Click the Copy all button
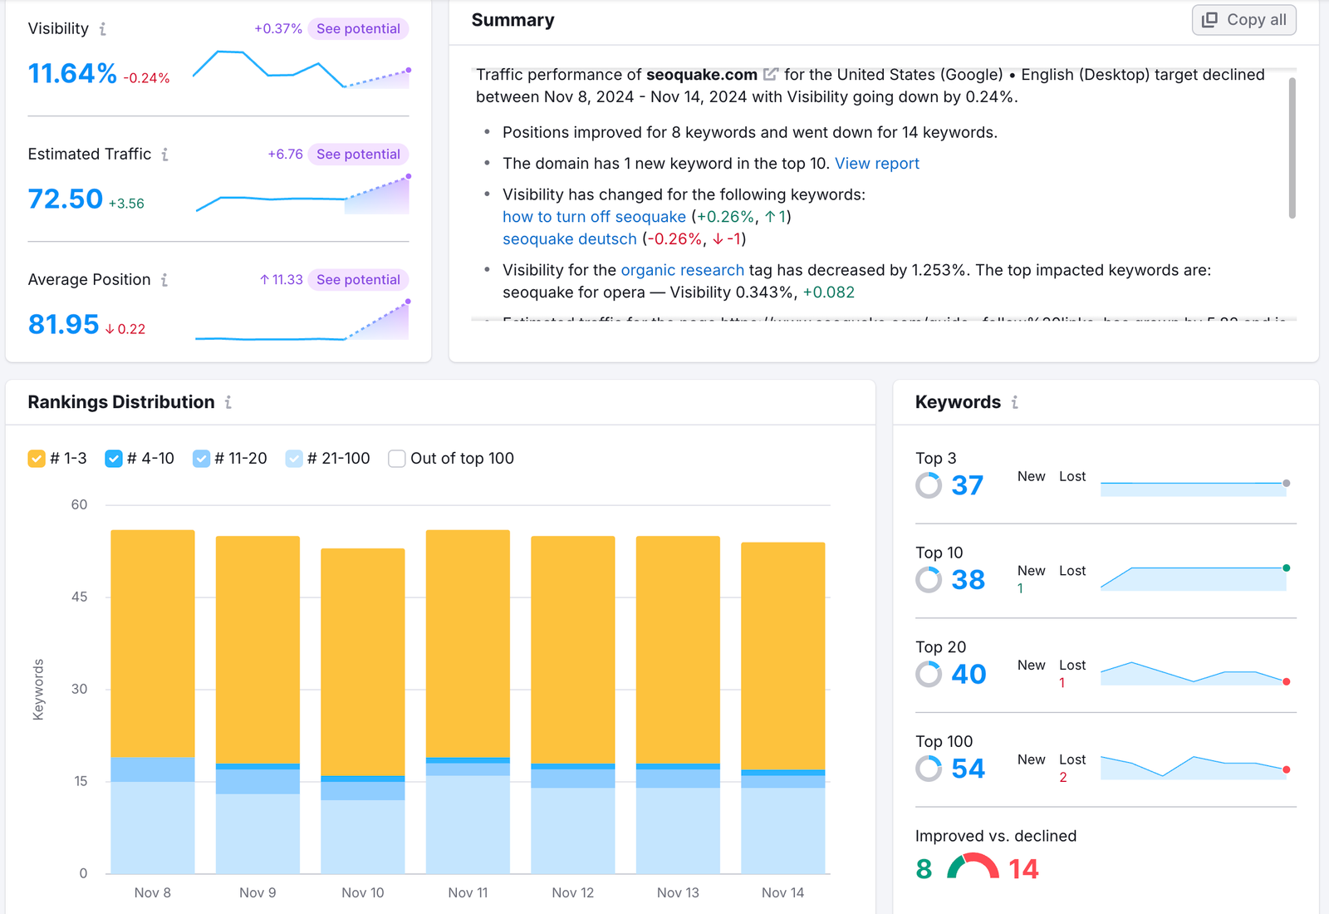point(1243,20)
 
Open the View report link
point(876,164)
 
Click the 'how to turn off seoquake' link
point(593,217)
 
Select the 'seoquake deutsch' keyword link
point(569,239)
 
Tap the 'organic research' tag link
point(682,270)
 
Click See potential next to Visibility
point(358,29)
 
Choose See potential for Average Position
point(358,280)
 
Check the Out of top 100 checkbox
point(397,459)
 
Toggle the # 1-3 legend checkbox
point(37,459)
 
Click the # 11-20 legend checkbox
point(201,459)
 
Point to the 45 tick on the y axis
point(79,597)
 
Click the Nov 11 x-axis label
point(468,892)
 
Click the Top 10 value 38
point(968,580)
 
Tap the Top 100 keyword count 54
point(968,769)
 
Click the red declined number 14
point(1023,869)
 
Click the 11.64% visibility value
point(72,74)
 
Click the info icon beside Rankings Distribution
point(228,402)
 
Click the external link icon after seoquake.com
point(770,75)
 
